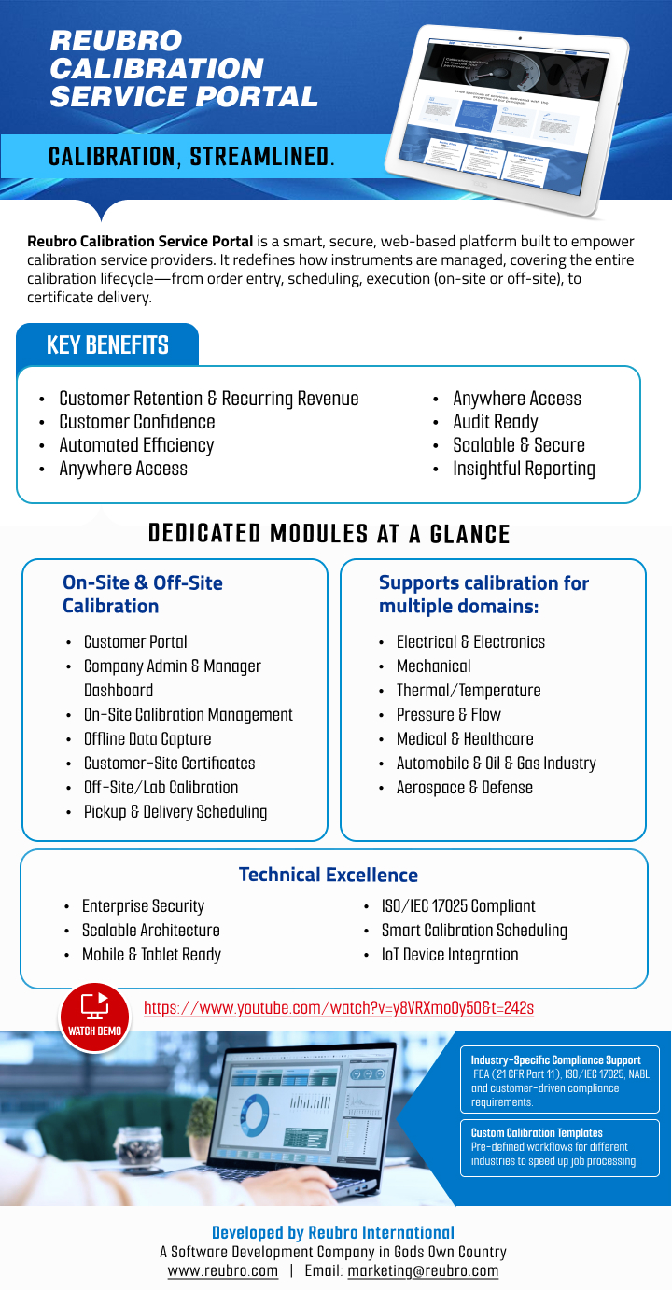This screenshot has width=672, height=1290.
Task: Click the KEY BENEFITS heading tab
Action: point(107,345)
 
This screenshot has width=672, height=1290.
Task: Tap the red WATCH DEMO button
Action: point(94,1017)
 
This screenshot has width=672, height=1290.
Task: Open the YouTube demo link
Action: point(338,1008)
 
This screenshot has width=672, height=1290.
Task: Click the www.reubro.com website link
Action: point(222,1270)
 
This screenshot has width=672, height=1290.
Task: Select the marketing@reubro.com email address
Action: point(423,1270)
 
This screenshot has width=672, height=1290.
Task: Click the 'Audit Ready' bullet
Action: point(495,422)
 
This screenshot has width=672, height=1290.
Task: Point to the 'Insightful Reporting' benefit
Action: point(524,469)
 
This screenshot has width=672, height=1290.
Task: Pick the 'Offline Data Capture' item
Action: point(147,738)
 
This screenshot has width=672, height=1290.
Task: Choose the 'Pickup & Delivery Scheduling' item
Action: point(175,811)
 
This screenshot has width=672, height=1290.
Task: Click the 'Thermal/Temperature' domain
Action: point(469,690)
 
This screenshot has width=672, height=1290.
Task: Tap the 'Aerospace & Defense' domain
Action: point(465,787)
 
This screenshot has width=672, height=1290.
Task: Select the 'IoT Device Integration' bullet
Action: point(449,954)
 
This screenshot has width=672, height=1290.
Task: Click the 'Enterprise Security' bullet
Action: point(143,905)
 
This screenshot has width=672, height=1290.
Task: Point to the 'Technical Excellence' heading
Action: point(329,875)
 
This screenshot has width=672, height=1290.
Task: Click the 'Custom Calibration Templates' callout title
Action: point(537,1132)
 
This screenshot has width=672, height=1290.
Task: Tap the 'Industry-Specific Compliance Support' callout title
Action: point(555,1060)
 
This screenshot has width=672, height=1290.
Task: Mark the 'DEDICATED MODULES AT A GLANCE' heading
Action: point(329,534)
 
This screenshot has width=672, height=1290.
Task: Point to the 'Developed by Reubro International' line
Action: point(333,1232)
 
